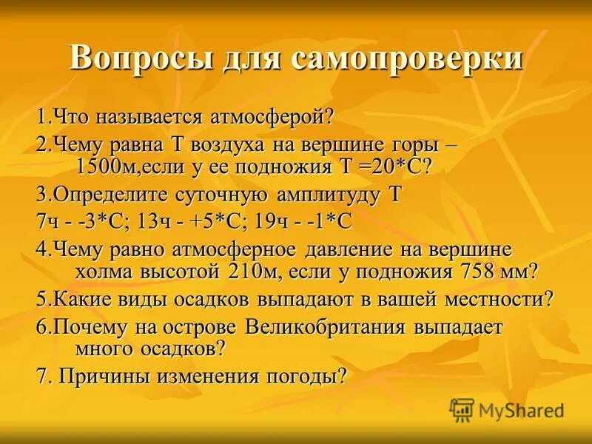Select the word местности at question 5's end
click(490, 299)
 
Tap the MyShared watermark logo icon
click(462, 409)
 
